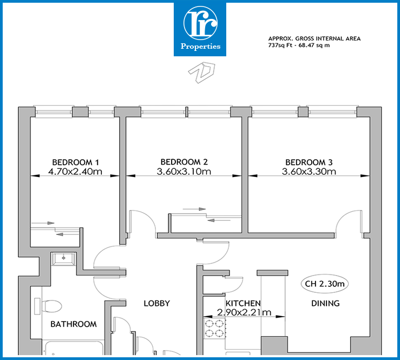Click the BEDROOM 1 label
click(75, 162)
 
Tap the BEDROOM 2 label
click(184, 162)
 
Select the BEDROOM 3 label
click(309, 162)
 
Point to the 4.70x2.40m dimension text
click(75, 172)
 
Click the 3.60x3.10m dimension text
click(184, 172)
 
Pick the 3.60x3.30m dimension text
click(309, 172)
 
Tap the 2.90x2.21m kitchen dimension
click(244, 312)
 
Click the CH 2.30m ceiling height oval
click(325, 284)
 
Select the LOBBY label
click(156, 303)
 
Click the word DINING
click(325, 303)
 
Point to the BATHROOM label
click(74, 324)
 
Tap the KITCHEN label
click(243, 303)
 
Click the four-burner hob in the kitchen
click(214, 329)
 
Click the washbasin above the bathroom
click(63, 259)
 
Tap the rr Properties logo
click(200, 29)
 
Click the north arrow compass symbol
click(202, 73)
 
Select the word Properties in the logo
click(200, 47)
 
